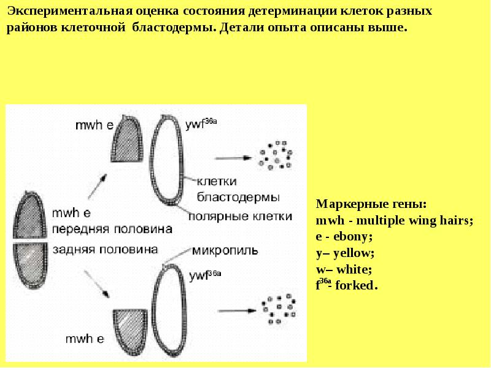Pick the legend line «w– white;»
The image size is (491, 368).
coord(343,269)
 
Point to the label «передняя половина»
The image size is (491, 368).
coord(111,228)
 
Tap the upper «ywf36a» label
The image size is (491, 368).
coord(201,126)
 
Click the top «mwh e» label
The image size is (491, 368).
coord(93,126)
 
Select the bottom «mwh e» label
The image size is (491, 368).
coord(86,338)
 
